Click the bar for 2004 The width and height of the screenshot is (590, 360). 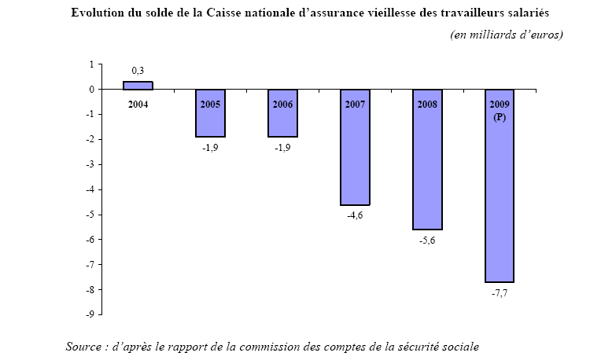[x=138, y=86]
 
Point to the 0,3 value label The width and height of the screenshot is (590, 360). [x=138, y=72]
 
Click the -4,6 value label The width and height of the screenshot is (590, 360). [x=355, y=215]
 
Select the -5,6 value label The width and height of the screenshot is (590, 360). [x=427, y=240]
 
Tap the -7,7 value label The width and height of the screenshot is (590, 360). [x=500, y=292]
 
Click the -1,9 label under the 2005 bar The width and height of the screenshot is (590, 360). [x=210, y=147]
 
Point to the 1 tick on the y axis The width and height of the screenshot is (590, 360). [x=91, y=64]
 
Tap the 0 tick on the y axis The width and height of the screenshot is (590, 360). [x=91, y=90]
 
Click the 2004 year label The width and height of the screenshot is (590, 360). [x=138, y=104]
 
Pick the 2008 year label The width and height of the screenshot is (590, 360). [x=427, y=104]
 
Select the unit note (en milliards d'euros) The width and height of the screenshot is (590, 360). [x=507, y=35]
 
